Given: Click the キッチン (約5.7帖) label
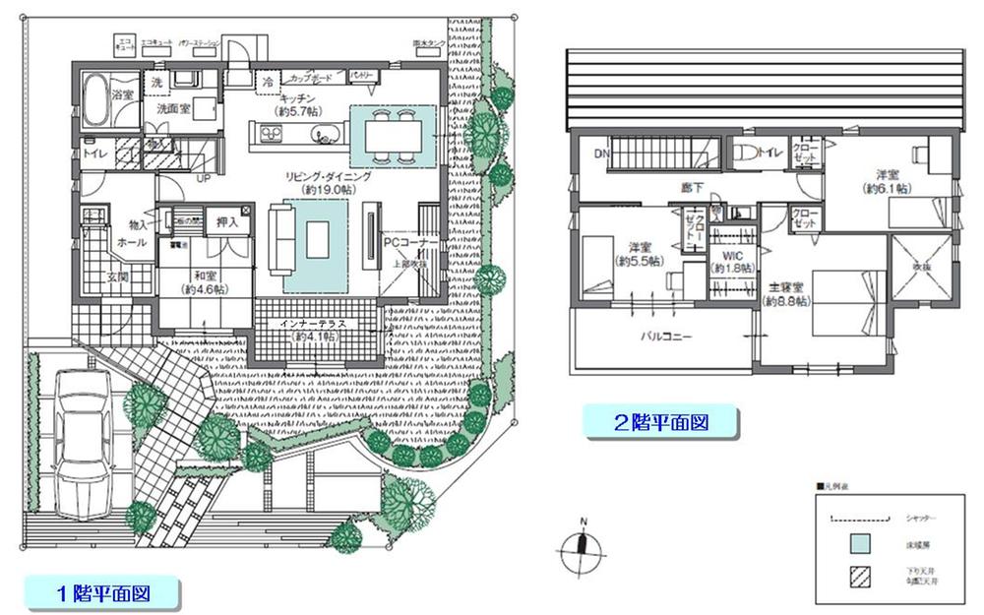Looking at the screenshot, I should pos(297,105).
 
